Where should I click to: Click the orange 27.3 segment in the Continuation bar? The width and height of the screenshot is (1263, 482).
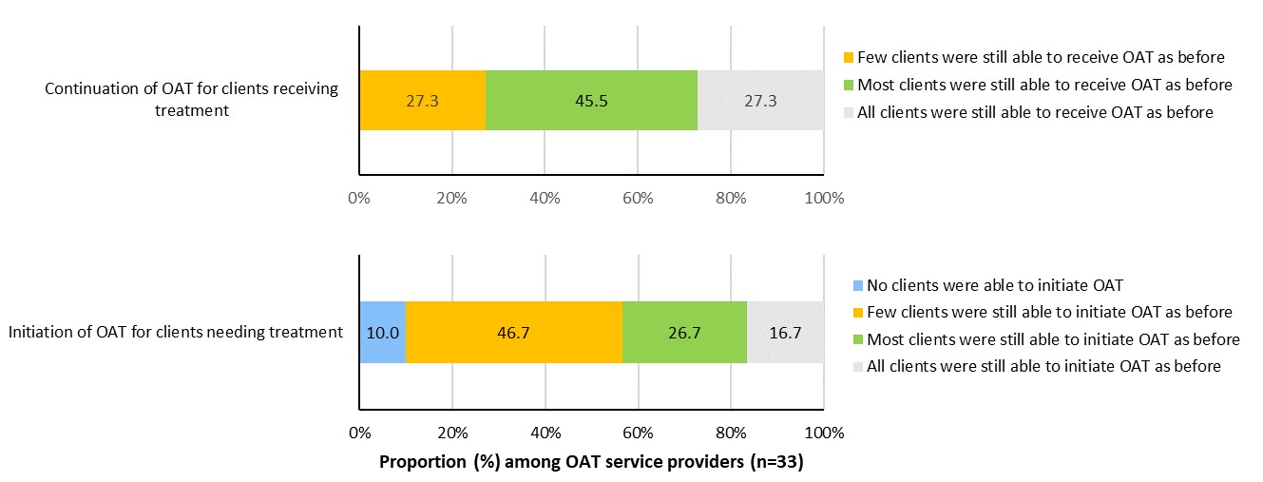422,100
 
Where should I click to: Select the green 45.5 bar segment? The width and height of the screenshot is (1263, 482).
591,100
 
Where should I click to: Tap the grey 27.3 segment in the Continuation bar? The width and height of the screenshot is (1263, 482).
760,100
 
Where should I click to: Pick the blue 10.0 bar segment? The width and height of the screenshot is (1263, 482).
383,332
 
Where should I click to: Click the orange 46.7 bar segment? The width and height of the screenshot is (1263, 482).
514,332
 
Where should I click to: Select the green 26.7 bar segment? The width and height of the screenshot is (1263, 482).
684,332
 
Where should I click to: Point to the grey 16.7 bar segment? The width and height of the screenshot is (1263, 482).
784,332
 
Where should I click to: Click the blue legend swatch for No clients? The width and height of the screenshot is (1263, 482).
850,285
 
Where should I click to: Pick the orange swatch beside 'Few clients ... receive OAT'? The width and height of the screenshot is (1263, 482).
850,57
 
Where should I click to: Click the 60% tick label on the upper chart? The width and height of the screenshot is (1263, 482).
638,199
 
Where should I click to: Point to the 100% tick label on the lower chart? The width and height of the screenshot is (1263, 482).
824,433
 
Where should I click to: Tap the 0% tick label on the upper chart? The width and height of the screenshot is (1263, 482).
359,199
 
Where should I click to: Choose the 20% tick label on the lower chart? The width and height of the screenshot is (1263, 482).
451,433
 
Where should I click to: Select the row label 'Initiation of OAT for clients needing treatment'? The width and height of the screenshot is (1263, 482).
175,332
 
